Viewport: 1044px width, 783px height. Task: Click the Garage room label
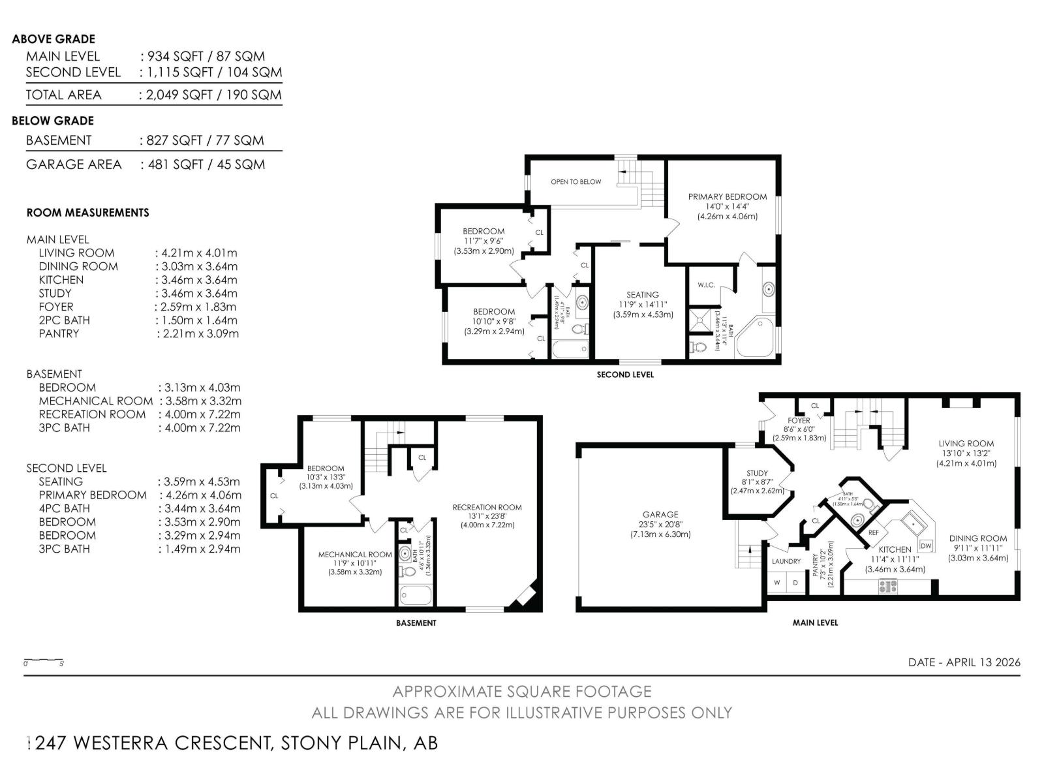(660, 514)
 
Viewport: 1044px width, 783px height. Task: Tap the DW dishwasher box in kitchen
(925, 545)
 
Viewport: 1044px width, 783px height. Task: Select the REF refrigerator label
(874, 532)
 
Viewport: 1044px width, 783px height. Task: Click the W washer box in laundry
(777, 582)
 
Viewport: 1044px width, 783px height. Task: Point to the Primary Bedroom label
(727, 196)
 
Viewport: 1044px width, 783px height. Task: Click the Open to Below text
(576, 182)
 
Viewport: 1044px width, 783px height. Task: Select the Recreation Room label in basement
(487, 507)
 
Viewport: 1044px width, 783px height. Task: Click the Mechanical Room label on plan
(355, 555)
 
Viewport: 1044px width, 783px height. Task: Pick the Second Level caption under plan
(624, 375)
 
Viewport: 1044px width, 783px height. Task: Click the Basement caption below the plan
(416, 623)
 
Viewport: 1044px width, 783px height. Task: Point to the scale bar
(43, 661)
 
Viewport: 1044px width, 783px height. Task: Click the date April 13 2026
(964, 662)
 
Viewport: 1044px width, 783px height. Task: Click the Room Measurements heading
(87, 213)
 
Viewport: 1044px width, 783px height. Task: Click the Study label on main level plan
(757, 473)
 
